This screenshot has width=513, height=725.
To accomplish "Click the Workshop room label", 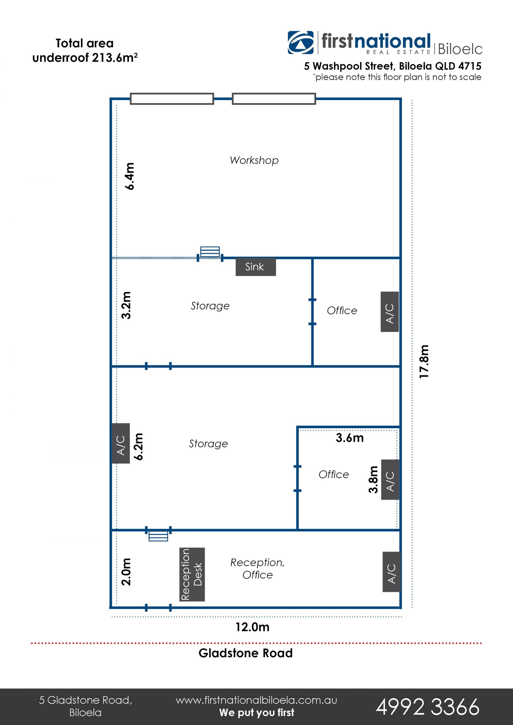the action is tap(254, 160).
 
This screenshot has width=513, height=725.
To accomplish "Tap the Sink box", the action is tap(255, 267).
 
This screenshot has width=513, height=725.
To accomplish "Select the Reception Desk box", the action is tap(192, 574).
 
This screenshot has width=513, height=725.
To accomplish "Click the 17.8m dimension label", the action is tap(424, 362).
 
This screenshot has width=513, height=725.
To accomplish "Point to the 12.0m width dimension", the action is tap(252, 627).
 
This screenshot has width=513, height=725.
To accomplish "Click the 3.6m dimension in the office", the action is tap(350, 438).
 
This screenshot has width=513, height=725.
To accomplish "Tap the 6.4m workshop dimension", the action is tap(130, 176).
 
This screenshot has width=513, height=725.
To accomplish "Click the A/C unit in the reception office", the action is tap(391, 572).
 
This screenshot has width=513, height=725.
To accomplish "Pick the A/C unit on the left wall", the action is tap(121, 443).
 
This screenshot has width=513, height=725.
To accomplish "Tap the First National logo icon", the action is tap(300, 43).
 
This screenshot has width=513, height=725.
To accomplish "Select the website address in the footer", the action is tap(256, 700).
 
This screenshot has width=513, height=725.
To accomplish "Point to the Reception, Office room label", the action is tap(258, 568).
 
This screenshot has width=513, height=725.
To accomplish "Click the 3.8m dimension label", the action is tap(373, 479).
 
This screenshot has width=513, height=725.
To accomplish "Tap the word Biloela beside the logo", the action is tap(460, 49).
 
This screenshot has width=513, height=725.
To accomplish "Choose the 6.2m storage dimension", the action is tap(139, 446).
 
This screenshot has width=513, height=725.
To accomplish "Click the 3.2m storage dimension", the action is tap(126, 305).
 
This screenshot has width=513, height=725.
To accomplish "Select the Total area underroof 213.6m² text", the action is tap(85, 50).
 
